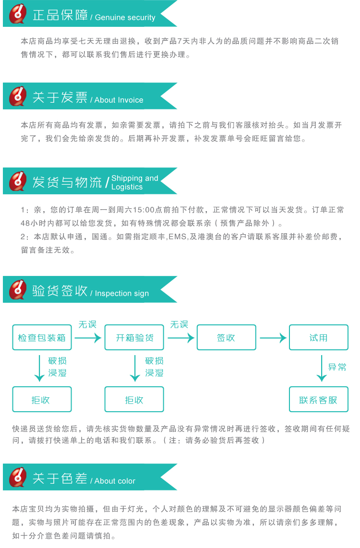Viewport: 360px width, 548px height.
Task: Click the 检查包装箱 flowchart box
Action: pyautogui.click(x=42, y=337)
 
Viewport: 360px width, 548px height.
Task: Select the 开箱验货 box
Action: pyautogui.click(x=134, y=337)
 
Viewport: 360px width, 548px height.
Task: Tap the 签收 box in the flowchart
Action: pyautogui.click(x=227, y=337)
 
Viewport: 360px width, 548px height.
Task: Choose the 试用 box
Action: pyautogui.click(x=319, y=337)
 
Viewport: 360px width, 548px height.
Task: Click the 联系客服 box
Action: pyautogui.click(x=319, y=399)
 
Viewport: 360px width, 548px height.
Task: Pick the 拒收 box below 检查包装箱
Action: pyautogui.click(x=42, y=399)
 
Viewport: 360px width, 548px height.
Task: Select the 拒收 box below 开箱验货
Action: pyautogui.click(x=134, y=399)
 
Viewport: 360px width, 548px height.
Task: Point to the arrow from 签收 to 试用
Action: pyautogui.click(x=273, y=338)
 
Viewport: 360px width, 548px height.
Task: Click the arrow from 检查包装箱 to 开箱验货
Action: pyautogui.click(x=88, y=338)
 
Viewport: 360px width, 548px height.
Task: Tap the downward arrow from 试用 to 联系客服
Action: pyautogui.click(x=322, y=368)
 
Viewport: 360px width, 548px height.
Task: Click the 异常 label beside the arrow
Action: pyautogui.click(x=337, y=367)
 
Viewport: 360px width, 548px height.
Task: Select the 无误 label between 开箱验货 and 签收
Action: pyautogui.click(x=180, y=324)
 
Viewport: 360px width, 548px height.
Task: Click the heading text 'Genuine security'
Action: pyautogui.click(x=125, y=17)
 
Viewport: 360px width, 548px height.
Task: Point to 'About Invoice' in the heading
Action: pyautogui.click(x=119, y=100)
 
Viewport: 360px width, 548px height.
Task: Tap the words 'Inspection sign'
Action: pyautogui.click(x=122, y=294)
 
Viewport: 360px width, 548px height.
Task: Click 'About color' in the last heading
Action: pyautogui.click(x=115, y=481)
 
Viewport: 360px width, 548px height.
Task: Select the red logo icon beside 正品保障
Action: pyautogui.click(x=18, y=13)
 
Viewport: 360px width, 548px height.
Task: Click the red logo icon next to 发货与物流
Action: pyautogui.click(x=18, y=181)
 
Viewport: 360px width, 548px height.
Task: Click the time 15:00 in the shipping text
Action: pyautogui.click(x=144, y=210)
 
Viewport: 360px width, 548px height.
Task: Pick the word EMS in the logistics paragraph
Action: pyautogui.click(x=178, y=237)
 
